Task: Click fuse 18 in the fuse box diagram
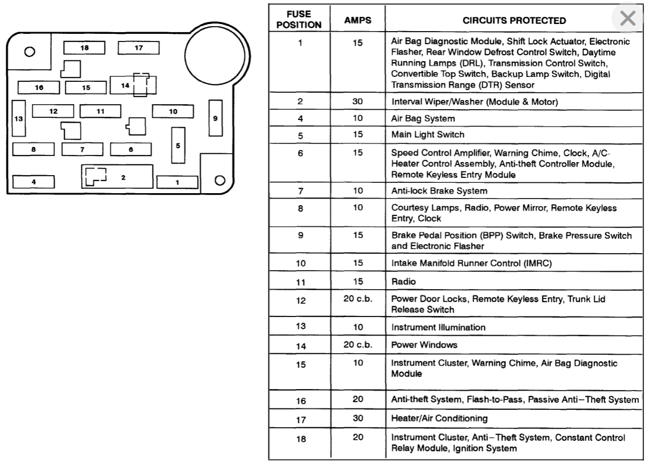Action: click(x=84, y=48)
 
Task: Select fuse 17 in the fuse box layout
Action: click(x=139, y=48)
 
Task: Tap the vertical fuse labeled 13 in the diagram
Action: click(x=19, y=119)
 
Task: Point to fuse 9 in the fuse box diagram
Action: click(x=215, y=118)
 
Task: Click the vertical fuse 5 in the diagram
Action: click(x=178, y=145)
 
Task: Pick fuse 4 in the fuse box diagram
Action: click(x=33, y=182)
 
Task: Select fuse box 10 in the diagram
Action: click(x=173, y=111)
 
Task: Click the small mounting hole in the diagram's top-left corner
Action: click(x=30, y=52)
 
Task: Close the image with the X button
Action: click(x=628, y=19)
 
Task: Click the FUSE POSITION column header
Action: click(x=299, y=20)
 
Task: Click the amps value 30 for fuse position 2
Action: click(x=357, y=101)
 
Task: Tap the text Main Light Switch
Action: click(x=428, y=134)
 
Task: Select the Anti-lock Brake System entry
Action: click(x=439, y=191)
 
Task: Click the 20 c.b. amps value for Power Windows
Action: click(x=357, y=345)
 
